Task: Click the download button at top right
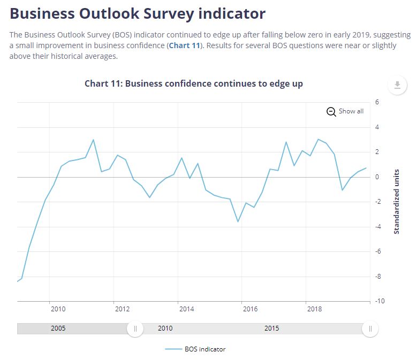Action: coord(397,85)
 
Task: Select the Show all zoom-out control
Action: coord(345,111)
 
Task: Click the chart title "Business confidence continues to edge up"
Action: coord(194,83)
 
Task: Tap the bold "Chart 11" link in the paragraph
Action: coord(184,45)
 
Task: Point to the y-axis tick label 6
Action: coord(377,102)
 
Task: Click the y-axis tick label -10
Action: coord(380,301)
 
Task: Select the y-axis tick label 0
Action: coord(377,177)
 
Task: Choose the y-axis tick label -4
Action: coord(378,227)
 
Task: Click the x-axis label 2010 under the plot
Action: coord(58,309)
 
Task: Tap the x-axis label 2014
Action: coord(186,309)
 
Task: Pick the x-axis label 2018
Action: coord(314,309)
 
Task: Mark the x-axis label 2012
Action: coord(122,309)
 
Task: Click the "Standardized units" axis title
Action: coord(397,202)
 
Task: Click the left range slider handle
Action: coord(135,329)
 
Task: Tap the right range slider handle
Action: coord(370,329)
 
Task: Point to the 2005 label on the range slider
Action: coord(58,328)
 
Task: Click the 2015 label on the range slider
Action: coord(271,328)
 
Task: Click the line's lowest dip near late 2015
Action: coord(238,221)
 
